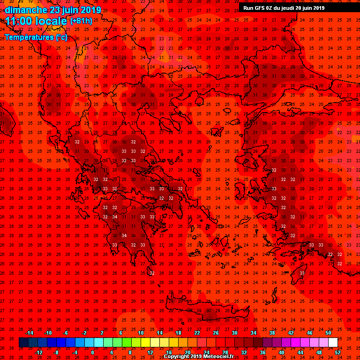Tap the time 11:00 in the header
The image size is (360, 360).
pos(18,21)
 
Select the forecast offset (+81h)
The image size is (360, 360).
pos(81,21)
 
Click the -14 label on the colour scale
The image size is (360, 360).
pos(29,333)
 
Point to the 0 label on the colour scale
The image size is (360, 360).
pos(92,352)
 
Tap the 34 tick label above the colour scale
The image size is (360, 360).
pos(254,333)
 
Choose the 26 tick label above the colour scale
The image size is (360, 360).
pos(216,333)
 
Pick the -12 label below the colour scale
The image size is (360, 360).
pos(39,352)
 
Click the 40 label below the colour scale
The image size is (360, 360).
pos(282,352)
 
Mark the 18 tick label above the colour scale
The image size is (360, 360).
pos(178,333)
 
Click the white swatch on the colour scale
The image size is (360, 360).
pos(333,343)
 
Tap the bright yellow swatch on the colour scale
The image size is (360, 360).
pos(145,343)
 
